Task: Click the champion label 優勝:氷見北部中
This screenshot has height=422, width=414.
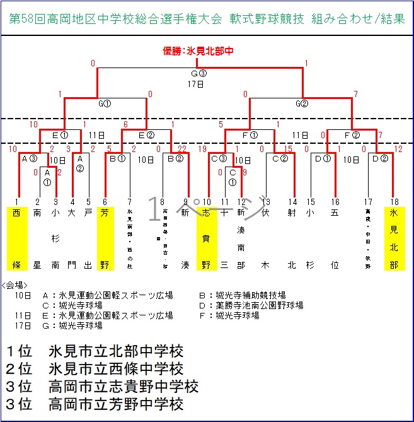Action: (x=198, y=51)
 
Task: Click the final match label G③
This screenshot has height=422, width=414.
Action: (x=198, y=73)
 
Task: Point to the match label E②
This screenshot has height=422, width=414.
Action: (x=146, y=134)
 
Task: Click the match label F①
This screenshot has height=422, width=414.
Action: (x=250, y=134)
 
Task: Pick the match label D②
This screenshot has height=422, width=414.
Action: (x=379, y=158)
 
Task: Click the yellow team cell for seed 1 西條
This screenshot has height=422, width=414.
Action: (x=17, y=238)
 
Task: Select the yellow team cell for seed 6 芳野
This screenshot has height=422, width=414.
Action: (x=105, y=238)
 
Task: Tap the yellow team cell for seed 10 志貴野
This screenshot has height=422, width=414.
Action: (x=206, y=238)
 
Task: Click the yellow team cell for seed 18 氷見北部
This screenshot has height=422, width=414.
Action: (x=394, y=238)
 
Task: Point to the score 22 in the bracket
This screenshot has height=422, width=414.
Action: (x=182, y=149)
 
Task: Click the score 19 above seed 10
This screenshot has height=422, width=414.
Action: (x=202, y=149)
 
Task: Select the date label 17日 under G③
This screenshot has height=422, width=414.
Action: (x=196, y=83)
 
